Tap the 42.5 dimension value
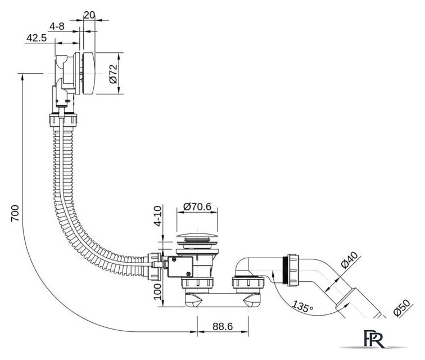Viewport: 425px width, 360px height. coord(35,38)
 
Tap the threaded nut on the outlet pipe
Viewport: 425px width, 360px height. coord(293,269)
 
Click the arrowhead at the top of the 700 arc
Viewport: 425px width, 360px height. coord(22,76)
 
